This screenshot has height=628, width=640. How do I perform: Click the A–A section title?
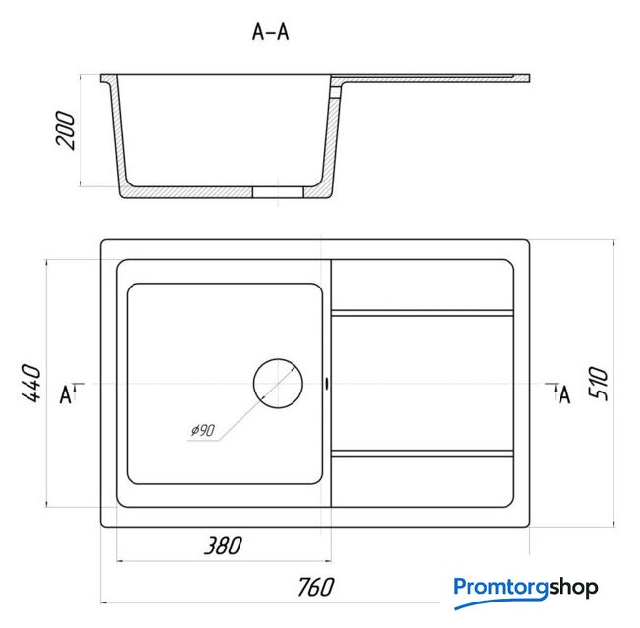(x=270, y=31)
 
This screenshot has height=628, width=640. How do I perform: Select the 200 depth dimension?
(x=66, y=130)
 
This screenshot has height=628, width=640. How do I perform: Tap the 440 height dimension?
(x=31, y=383)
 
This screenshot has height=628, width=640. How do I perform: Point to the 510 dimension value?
(x=598, y=383)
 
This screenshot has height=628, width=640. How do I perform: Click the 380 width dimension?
(x=223, y=546)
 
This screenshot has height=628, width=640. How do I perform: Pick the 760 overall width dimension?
(x=315, y=587)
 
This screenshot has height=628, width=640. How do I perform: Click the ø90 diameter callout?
(x=203, y=430)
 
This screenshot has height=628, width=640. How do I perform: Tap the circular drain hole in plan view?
(x=278, y=384)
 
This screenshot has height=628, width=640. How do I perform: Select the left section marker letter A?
(x=66, y=395)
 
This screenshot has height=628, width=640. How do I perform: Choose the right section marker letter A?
(x=564, y=395)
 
